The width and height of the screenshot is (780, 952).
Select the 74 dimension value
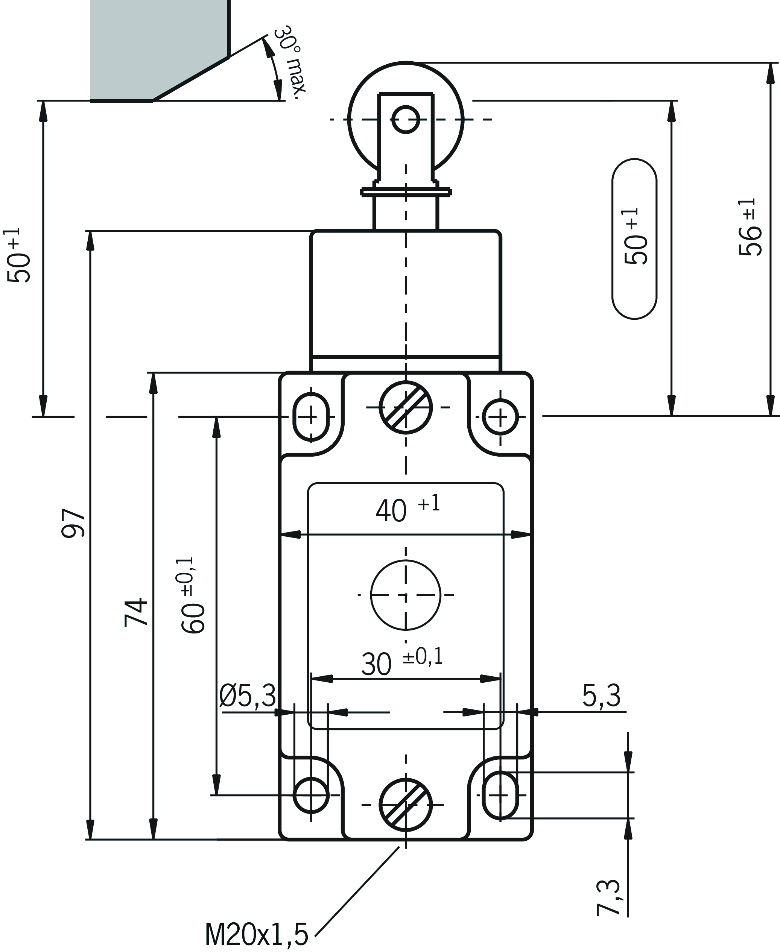[x=136, y=612]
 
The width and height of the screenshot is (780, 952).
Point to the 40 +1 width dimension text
[x=407, y=509]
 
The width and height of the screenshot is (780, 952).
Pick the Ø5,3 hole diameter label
[x=248, y=695]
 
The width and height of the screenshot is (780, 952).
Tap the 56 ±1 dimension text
[x=750, y=227]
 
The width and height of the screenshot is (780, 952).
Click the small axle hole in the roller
[x=406, y=120]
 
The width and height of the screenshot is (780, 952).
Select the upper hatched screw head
[x=406, y=407]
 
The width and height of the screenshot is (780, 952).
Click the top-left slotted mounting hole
[x=311, y=417]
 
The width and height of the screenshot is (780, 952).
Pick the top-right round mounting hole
[x=500, y=417]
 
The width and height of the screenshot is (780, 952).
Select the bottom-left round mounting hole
[x=311, y=795]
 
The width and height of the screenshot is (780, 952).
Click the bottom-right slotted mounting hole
[x=500, y=795]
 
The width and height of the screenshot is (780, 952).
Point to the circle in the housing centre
[x=406, y=595]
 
